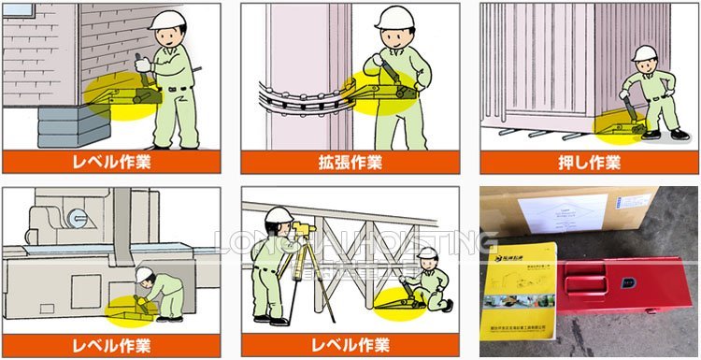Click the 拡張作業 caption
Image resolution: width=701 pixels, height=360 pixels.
349,162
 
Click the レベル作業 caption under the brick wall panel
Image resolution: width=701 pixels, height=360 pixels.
112,162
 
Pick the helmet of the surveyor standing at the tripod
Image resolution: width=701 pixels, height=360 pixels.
278,216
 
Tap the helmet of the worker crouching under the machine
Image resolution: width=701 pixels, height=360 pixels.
145,275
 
